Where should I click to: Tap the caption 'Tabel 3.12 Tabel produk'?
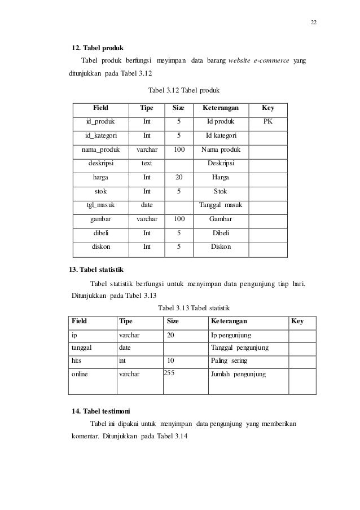coord(183,90)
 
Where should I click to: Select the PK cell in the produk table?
coord(268,121)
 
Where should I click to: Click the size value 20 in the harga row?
coord(179,177)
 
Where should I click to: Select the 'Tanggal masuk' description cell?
coord(221,205)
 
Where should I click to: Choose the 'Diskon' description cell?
coord(221,246)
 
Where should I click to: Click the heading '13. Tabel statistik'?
coord(95,269)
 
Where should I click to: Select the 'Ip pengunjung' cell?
coord(231,335)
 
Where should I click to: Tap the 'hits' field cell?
coord(76,360)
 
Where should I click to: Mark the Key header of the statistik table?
coord(297,322)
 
